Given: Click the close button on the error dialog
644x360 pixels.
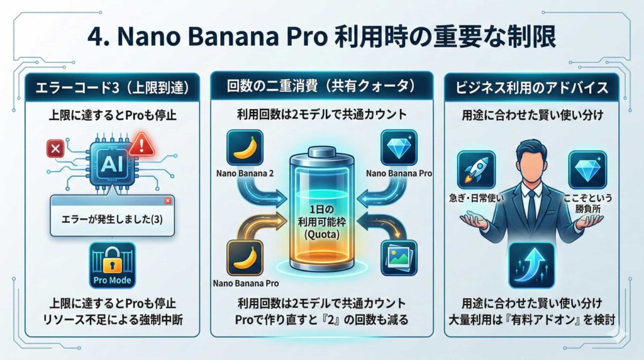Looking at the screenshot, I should click(x=167, y=201).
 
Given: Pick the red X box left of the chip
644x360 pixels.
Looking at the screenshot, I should click(x=55, y=149).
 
